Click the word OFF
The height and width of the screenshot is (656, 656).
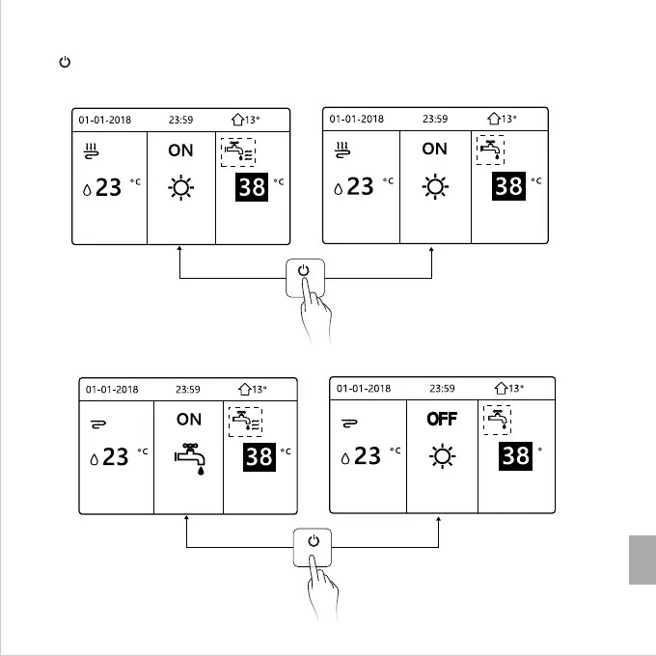click(442, 420)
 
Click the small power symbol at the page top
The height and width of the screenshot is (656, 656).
click(65, 63)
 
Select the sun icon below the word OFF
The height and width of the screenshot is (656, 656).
click(442, 455)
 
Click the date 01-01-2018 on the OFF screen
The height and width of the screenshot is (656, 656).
click(364, 388)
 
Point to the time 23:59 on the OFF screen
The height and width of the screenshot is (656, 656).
click(442, 388)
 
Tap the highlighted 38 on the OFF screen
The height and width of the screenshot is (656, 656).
click(515, 454)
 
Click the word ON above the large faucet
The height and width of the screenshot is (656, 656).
click(189, 420)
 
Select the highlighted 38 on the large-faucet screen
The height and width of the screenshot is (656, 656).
click(259, 456)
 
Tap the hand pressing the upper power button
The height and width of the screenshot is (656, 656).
click(315, 314)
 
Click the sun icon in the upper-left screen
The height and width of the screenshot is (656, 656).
click(180, 187)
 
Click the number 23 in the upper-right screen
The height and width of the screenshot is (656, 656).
click(360, 185)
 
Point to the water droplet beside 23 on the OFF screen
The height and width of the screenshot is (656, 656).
click(345, 457)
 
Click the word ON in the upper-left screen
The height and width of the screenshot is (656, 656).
click(180, 150)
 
